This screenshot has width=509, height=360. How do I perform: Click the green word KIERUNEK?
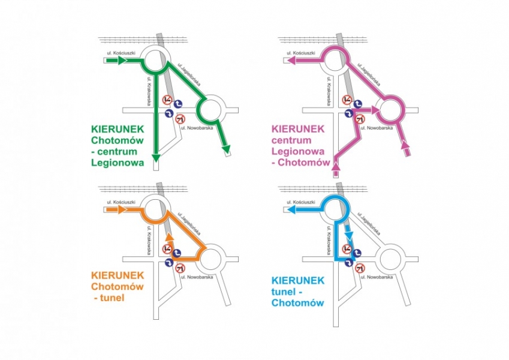(x=118, y=129)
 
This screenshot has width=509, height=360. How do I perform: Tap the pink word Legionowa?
(x=298, y=151)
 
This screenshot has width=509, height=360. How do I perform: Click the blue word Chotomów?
(x=298, y=303)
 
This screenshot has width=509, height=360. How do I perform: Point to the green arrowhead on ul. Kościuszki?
(x=122, y=60)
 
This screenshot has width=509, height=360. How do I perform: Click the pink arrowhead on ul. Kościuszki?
(x=291, y=60)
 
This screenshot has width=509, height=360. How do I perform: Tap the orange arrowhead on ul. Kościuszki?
(x=122, y=209)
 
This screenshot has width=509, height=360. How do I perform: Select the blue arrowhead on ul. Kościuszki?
(x=291, y=209)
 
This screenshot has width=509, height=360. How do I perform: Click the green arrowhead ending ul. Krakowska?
(x=156, y=158)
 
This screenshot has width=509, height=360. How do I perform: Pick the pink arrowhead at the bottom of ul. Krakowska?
(x=336, y=167)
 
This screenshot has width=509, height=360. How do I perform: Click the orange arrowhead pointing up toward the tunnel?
(x=169, y=236)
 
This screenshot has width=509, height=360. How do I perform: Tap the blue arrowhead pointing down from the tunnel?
(x=349, y=236)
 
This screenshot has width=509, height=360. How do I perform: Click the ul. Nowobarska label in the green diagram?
(x=197, y=128)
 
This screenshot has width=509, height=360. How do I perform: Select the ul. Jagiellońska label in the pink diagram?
(x=369, y=74)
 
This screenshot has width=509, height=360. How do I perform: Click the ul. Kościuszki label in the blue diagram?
(x=301, y=202)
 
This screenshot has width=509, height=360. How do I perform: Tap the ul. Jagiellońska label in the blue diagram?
(x=369, y=224)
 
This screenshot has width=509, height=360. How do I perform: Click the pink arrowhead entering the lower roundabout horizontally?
(x=375, y=110)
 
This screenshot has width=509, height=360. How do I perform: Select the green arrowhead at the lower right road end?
(x=226, y=149)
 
